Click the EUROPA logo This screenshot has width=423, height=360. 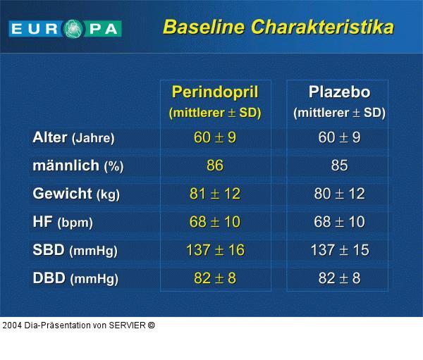tap(65, 29)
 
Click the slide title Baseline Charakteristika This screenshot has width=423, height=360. tap(278, 27)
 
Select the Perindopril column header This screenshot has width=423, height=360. tap(215, 92)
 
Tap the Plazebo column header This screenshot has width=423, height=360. tap(339, 92)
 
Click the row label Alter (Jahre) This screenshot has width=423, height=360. tap(73, 138)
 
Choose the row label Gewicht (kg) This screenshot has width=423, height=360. tap(76, 194)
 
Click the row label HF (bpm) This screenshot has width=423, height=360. tap(63, 222)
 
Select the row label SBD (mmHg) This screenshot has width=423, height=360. tap(75, 250)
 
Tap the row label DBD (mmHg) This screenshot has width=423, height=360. tap(75, 278)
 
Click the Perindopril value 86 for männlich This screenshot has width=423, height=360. tap(215, 166)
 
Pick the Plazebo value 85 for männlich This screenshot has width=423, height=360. tap(339, 166)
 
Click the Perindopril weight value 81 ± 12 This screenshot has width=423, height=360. tap(215, 194)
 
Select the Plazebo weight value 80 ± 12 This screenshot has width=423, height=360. tap(339, 194)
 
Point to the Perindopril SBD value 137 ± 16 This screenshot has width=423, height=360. tap(215, 250)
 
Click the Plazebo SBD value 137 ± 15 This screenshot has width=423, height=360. tap(339, 250)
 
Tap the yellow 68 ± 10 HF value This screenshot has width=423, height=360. tap(215, 222)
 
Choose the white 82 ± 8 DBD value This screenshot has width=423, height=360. tap(339, 278)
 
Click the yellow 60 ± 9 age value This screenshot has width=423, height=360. tap(215, 137)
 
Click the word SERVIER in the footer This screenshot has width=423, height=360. tap(127, 325)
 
